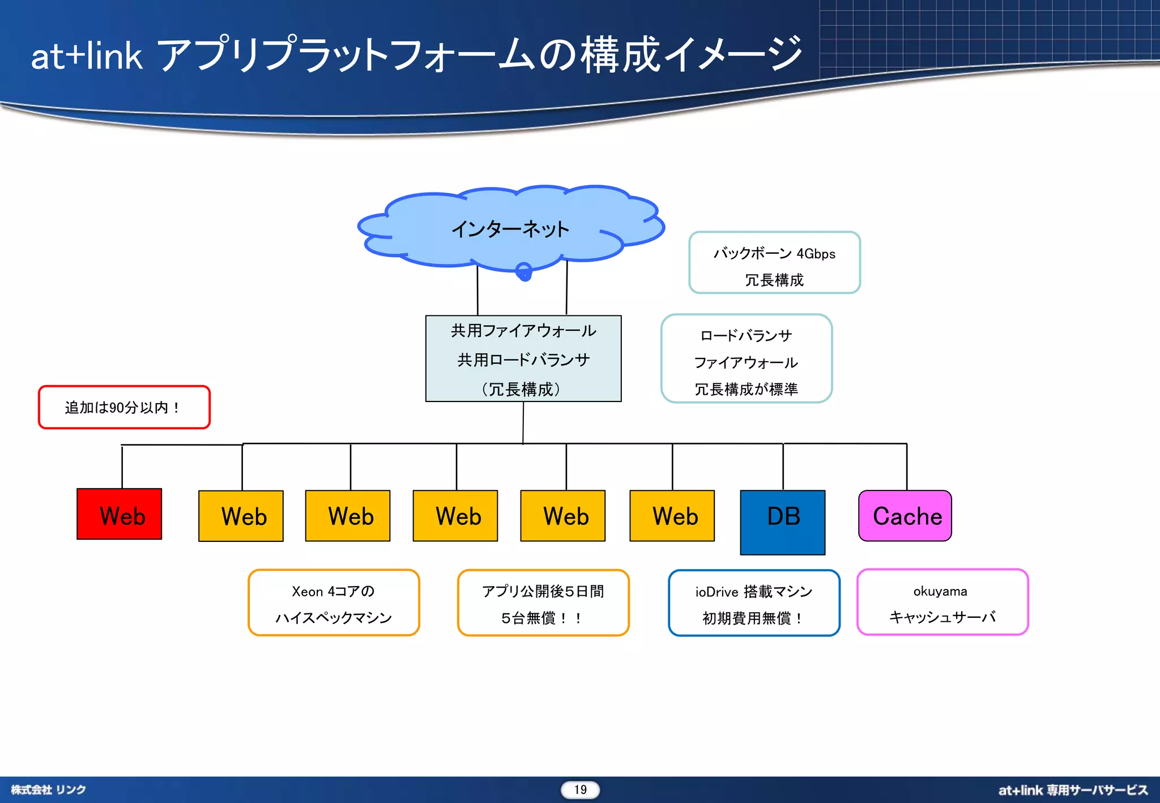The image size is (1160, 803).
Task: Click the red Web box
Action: pos(119,514)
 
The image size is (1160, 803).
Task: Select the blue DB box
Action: pos(782,522)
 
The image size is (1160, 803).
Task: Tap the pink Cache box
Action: pos(905,515)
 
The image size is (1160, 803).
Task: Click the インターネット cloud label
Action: pos(510,229)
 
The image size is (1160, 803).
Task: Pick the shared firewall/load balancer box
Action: pos(523,358)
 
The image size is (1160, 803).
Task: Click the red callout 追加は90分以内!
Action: pos(124,407)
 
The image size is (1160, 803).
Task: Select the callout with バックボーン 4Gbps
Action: pos(774,263)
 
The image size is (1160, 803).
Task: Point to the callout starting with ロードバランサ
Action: pos(746,358)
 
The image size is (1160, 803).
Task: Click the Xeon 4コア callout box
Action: pos(334,603)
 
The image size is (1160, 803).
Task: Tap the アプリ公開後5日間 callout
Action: pos(543,603)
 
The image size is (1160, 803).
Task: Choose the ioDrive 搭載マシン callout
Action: pos(753,603)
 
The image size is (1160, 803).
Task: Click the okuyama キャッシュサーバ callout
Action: pos(942,602)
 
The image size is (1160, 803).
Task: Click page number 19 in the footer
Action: pos(580,789)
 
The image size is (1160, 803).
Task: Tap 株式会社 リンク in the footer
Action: pos(48,789)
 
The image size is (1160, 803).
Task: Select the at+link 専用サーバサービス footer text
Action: pos(1073,790)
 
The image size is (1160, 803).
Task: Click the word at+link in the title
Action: pos(86,56)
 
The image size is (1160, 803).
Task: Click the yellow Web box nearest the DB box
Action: pos(672,515)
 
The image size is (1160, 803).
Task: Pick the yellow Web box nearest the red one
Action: pos(241,515)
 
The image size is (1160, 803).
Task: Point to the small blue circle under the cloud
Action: pos(524,272)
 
